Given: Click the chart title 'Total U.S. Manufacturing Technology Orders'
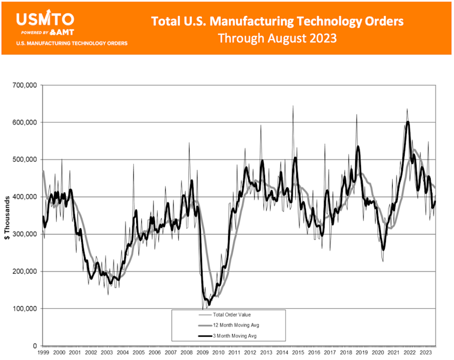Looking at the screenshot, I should coord(278,21).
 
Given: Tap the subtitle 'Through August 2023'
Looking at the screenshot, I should coord(278,39).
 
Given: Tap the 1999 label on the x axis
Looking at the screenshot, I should coord(43,353).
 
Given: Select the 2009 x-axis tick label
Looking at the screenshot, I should coord(201,353).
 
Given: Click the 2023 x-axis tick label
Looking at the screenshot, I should coord(424,353).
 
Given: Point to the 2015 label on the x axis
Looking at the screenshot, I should coord(297,353).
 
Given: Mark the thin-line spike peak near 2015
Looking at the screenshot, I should coord(293,106).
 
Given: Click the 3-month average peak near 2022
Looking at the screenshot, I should coord(407,122).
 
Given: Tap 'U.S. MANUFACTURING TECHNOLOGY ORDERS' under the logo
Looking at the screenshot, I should coord(72,43).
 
